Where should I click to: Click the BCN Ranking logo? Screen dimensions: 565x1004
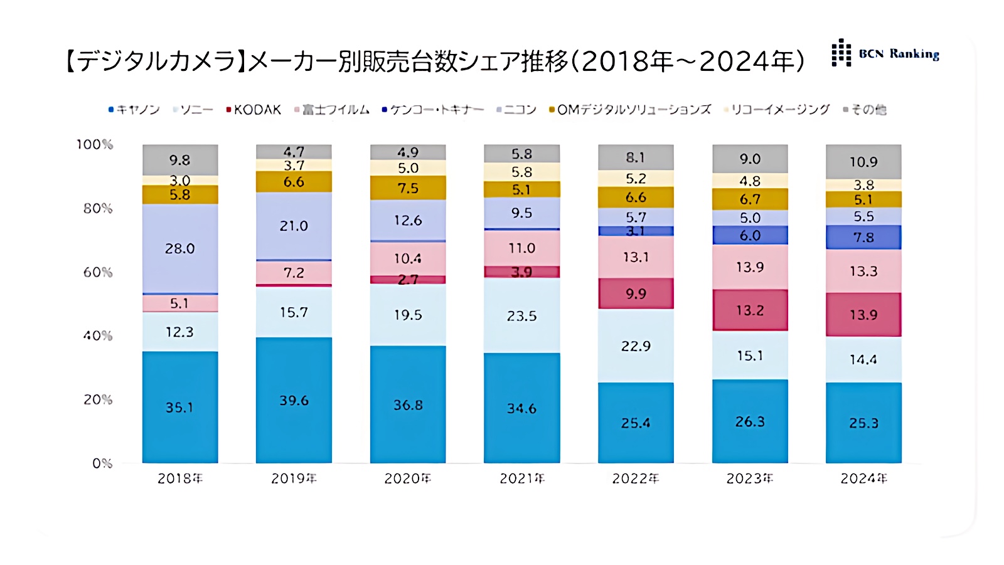coord(885,53)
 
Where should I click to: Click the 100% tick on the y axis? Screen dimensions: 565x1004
coord(95,144)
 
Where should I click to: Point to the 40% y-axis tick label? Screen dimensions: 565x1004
coord(98,335)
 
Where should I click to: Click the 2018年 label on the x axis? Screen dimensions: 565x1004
coord(180,478)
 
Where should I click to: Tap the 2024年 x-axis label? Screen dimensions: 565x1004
coord(863,478)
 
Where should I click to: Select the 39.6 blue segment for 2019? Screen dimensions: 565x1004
coord(294,400)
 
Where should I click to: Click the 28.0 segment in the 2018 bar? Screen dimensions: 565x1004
coord(180,248)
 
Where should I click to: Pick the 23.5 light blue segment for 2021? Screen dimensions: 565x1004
coord(521,315)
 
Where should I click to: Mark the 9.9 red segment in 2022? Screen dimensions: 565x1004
coord(636,293)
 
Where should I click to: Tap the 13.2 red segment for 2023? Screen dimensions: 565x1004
coord(750,310)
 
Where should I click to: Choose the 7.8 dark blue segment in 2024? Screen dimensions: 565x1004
coord(863,237)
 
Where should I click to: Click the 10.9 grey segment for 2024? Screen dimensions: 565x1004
coord(863,162)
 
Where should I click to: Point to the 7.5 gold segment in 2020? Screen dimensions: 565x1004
coord(408,187)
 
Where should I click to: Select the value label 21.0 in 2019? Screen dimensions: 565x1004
coord(294,226)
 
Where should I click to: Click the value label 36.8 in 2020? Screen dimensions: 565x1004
coord(408,405)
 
